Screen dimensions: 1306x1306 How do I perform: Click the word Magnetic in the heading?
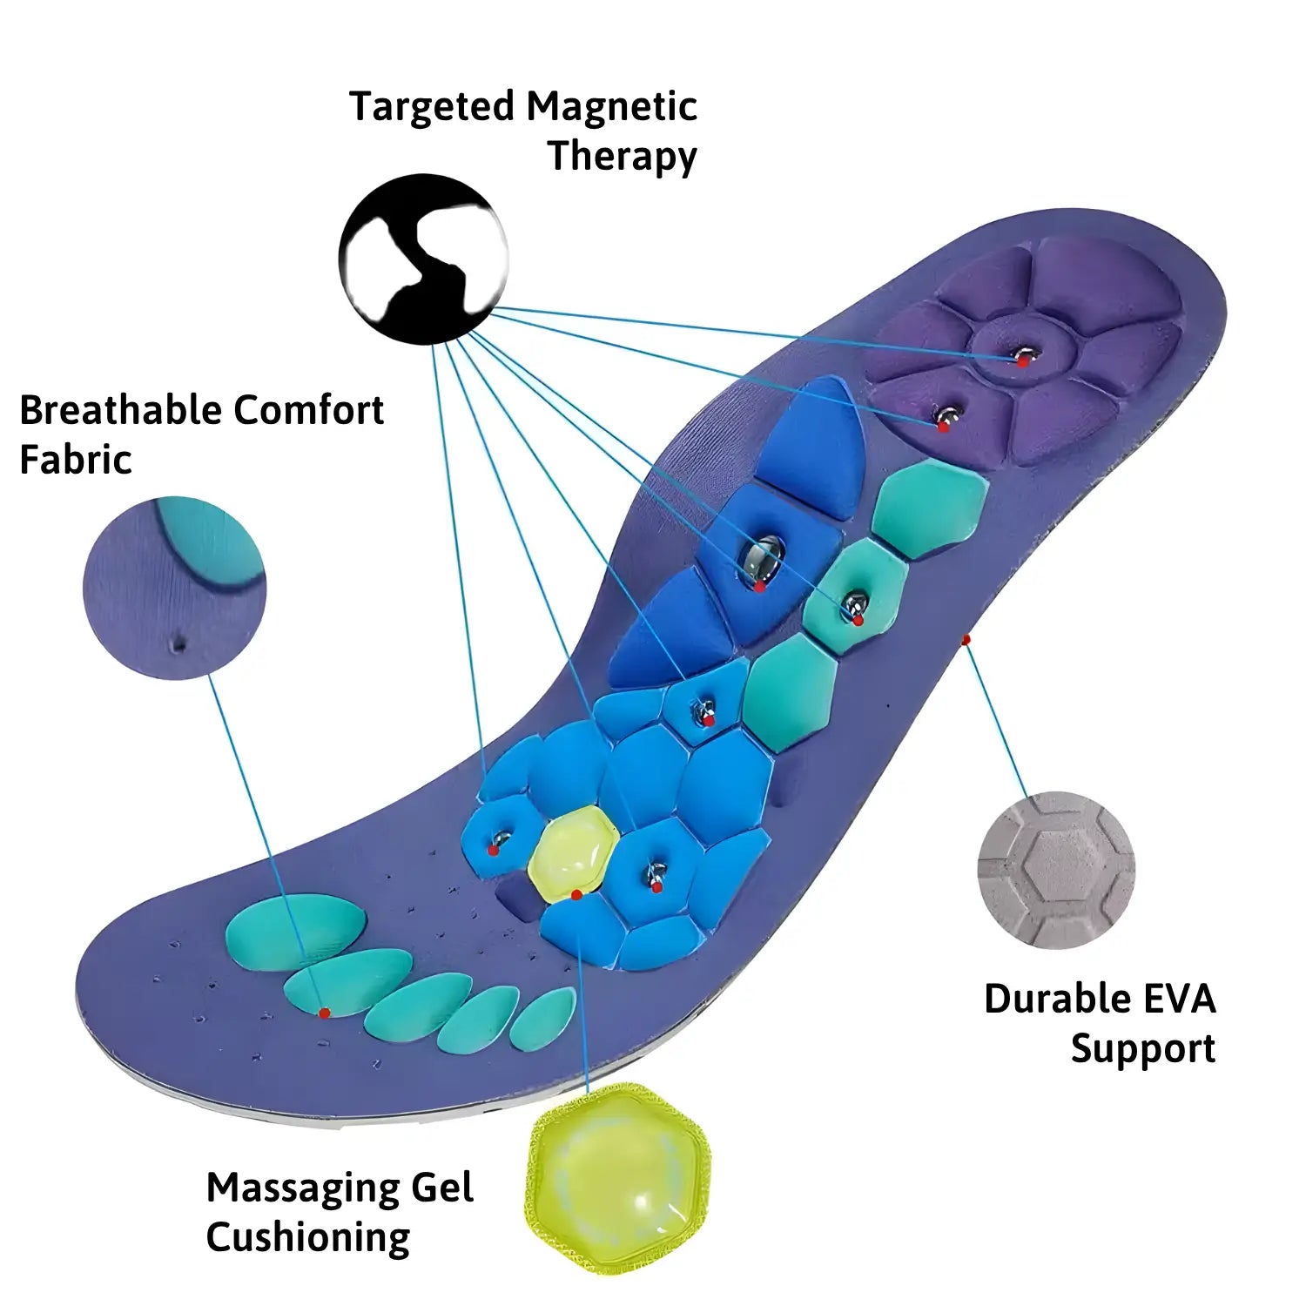[611, 107]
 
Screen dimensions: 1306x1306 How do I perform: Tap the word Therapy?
[622, 157]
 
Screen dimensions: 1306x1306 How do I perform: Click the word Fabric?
[75, 460]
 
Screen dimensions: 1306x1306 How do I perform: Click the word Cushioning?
[307, 1237]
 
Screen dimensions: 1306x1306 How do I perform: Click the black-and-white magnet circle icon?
[423, 259]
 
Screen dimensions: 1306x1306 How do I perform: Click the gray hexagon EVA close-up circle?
[1056, 869]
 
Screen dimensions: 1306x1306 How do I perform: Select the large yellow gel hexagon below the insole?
[618, 1179]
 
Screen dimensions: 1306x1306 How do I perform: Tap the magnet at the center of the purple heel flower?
[1026, 355]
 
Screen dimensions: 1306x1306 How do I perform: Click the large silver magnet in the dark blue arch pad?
[764, 561]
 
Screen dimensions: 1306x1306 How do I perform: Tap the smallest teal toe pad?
[543, 1019]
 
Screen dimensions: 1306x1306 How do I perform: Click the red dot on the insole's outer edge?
[965, 640]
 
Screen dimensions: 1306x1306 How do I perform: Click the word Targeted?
[432, 107]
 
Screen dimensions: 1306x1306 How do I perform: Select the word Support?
[1142, 1048]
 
